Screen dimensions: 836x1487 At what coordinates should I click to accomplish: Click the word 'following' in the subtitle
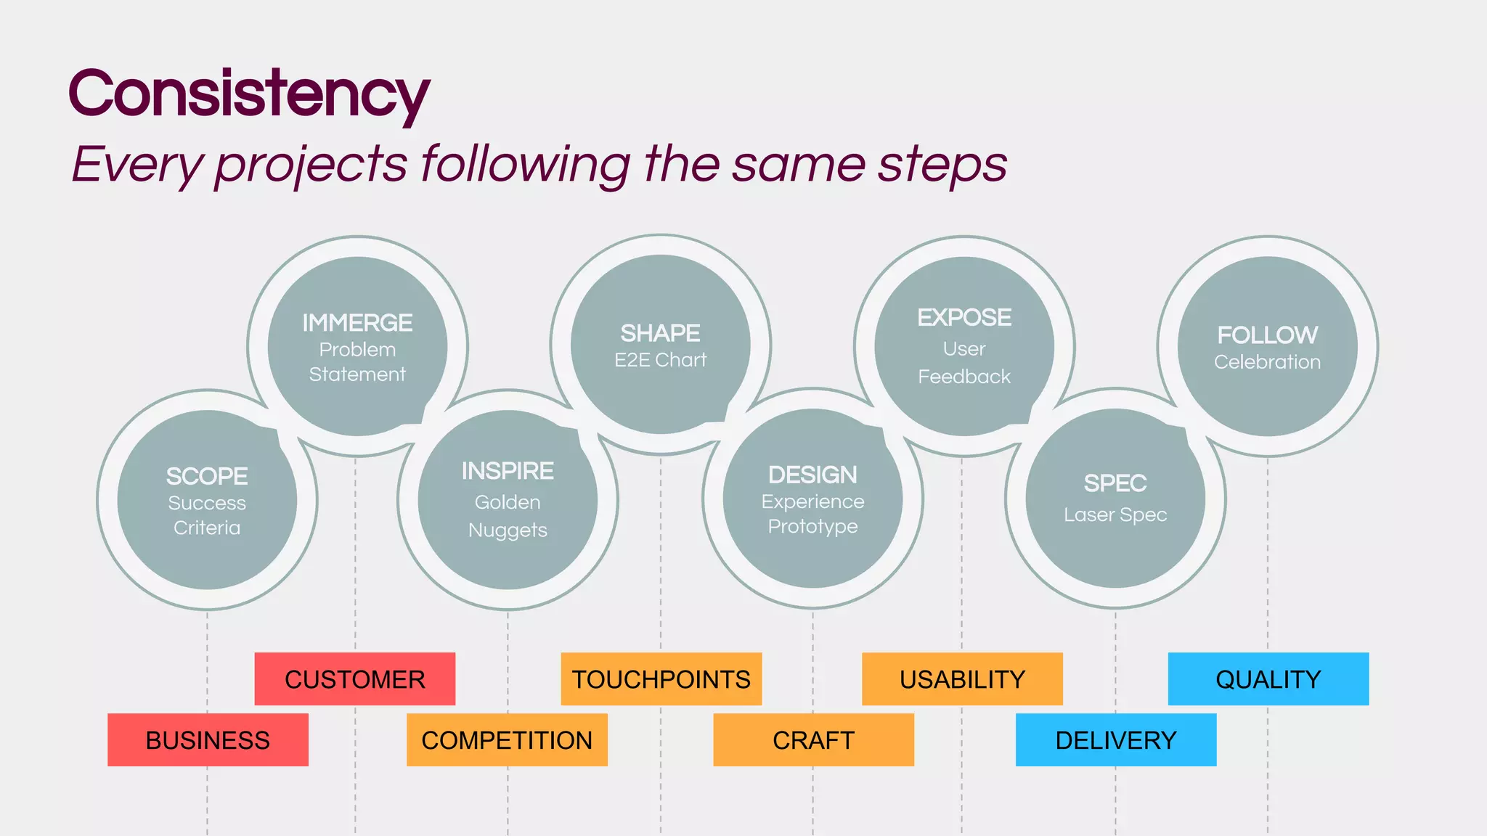(526, 164)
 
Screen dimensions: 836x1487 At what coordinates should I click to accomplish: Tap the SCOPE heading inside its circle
(207, 476)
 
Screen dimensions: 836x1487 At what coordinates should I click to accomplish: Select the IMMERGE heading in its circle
(357, 322)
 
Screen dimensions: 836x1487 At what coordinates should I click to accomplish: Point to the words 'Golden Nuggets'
(508, 516)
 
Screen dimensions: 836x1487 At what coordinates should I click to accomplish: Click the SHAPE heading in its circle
(660, 333)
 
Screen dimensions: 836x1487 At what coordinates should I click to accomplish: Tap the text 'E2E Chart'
(660, 360)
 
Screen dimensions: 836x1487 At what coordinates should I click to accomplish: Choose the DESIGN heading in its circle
(812, 475)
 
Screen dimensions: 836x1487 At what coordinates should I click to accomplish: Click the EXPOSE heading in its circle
(964, 317)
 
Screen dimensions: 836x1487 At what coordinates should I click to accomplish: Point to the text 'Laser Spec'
(1115, 515)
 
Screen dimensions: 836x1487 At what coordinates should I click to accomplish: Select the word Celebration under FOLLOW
(1267, 362)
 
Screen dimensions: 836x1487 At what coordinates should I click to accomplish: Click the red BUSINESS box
(208, 739)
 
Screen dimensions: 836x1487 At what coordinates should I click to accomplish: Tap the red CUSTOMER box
(355, 679)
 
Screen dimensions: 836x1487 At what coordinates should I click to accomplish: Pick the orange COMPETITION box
(507, 739)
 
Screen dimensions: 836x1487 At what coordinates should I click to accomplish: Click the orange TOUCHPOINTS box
(661, 679)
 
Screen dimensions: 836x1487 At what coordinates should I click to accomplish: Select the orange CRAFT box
(813, 739)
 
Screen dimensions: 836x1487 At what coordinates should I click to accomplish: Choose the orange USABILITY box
(962, 679)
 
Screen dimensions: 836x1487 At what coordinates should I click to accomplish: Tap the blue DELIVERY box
(1115, 739)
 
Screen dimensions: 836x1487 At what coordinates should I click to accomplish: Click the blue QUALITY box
(1268, 679)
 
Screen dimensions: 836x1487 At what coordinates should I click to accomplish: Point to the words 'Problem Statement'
(357, 362)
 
